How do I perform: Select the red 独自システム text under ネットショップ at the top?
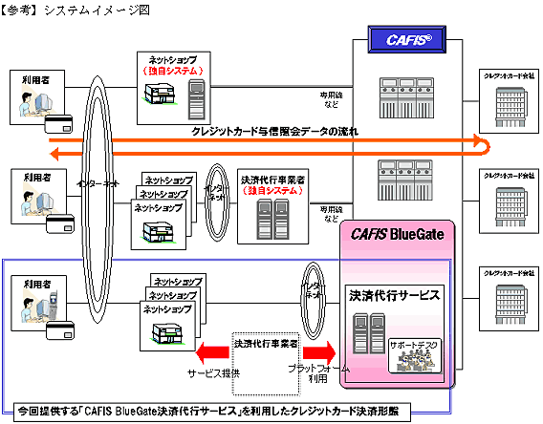(167, 71)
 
